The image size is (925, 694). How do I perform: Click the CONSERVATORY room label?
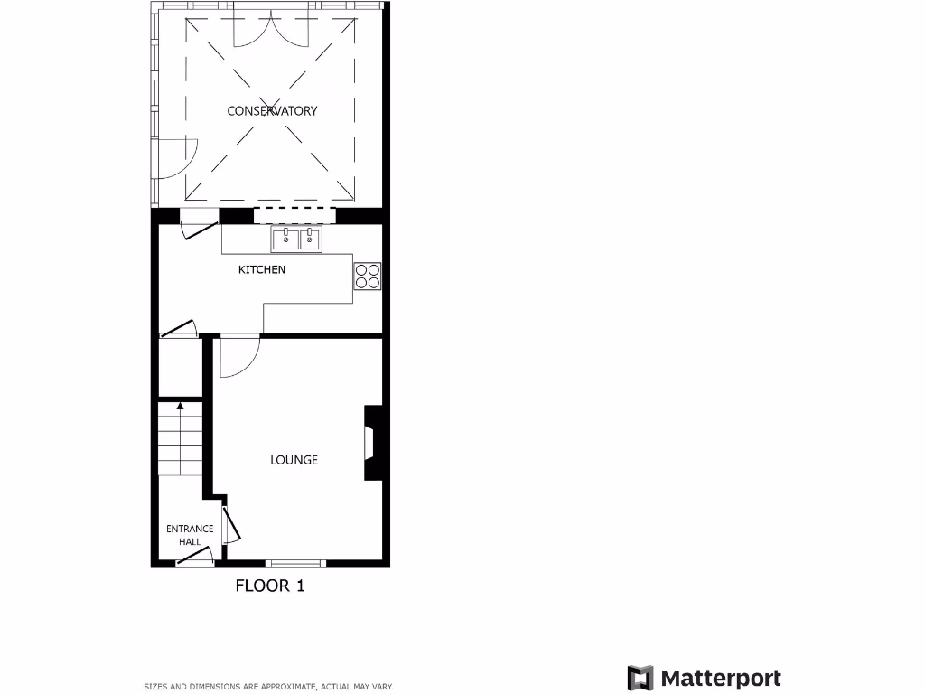click(272, 111)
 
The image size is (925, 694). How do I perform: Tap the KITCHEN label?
click(261, 269)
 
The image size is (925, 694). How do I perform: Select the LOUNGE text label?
click(294, 460)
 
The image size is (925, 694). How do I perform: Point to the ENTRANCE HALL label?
click(190, 535)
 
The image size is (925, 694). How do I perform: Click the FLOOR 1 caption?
click(270, 586)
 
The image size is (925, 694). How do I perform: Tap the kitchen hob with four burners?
click(367, 276)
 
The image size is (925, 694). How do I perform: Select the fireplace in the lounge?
click(371, 443)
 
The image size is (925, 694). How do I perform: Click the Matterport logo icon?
click(640, 679)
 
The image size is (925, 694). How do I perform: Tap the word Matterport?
click(721, 679)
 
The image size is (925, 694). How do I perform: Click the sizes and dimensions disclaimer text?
click(268, 687)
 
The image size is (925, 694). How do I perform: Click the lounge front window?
click(295, 563)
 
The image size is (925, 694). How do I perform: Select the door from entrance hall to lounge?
click(229, 526)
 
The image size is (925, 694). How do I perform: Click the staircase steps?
click(181, 443)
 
